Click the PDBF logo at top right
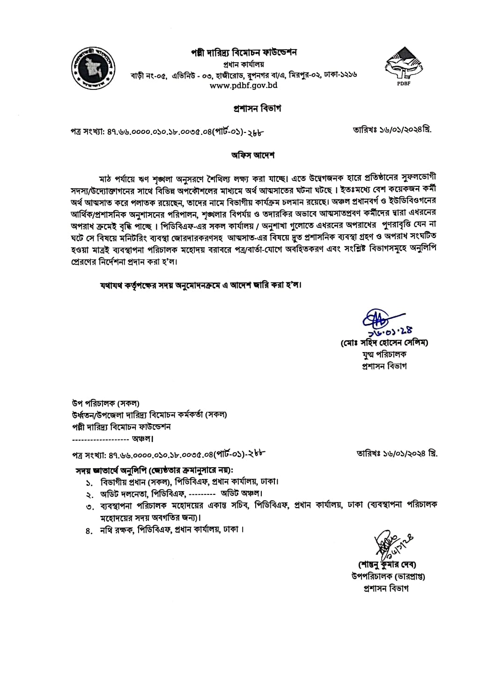tap(402, 66)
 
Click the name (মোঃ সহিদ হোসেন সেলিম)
tap(384, 343)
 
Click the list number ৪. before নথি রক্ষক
tap(89, 530)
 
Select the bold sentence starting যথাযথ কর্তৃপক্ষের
tap(199, 285)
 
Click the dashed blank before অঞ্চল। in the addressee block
tap(101, 439)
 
